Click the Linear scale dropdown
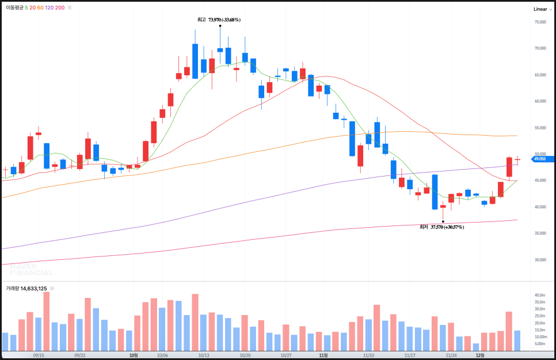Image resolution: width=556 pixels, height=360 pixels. tap(542, 9)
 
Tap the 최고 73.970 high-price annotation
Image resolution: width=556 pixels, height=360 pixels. tap(219, 20)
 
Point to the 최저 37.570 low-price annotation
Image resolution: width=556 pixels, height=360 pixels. tap(441, 227)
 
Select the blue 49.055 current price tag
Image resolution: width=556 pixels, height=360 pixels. tap(542, 159)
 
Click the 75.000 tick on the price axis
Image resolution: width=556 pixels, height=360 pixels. tap(540, 22)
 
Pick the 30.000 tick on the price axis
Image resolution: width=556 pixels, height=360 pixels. tap(540, 259)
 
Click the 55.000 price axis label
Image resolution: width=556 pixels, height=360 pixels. tap(540, 128)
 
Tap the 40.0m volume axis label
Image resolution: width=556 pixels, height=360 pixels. tap(539, 295)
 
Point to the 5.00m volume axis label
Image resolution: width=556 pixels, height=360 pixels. tap(539, 344)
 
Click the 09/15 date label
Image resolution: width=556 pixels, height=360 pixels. tap(39, 355)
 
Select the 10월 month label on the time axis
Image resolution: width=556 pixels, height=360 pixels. tap(134, 355)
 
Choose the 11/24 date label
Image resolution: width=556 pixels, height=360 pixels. tap(451, 355)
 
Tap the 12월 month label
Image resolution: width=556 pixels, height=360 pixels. tap(479, 355)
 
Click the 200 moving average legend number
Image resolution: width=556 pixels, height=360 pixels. tap(60, 8)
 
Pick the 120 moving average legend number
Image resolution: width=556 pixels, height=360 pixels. tap(49, 8)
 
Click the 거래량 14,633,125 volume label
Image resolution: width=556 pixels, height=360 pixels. tap(26, 289)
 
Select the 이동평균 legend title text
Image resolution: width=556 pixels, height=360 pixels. tap(14, 8)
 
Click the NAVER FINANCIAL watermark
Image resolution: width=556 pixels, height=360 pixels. tap(31, 270)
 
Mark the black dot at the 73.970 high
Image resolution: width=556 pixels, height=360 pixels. tap(220, 26)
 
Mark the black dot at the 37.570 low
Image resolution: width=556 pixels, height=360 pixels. tap(443, 221)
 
